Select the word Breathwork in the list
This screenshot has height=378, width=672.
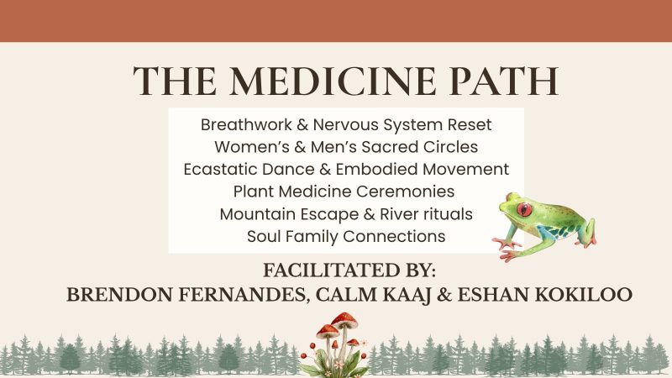(x=246, y=124)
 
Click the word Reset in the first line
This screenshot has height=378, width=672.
(x=470, y=124)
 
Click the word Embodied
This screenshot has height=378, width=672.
(x=376, y=170)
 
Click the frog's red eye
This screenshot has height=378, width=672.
(x=523, y=209)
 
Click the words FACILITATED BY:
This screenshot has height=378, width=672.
(x=349, y=270)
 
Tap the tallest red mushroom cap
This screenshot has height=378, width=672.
(x=344, y=319)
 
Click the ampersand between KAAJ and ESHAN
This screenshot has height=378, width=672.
(x=444, y=295)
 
